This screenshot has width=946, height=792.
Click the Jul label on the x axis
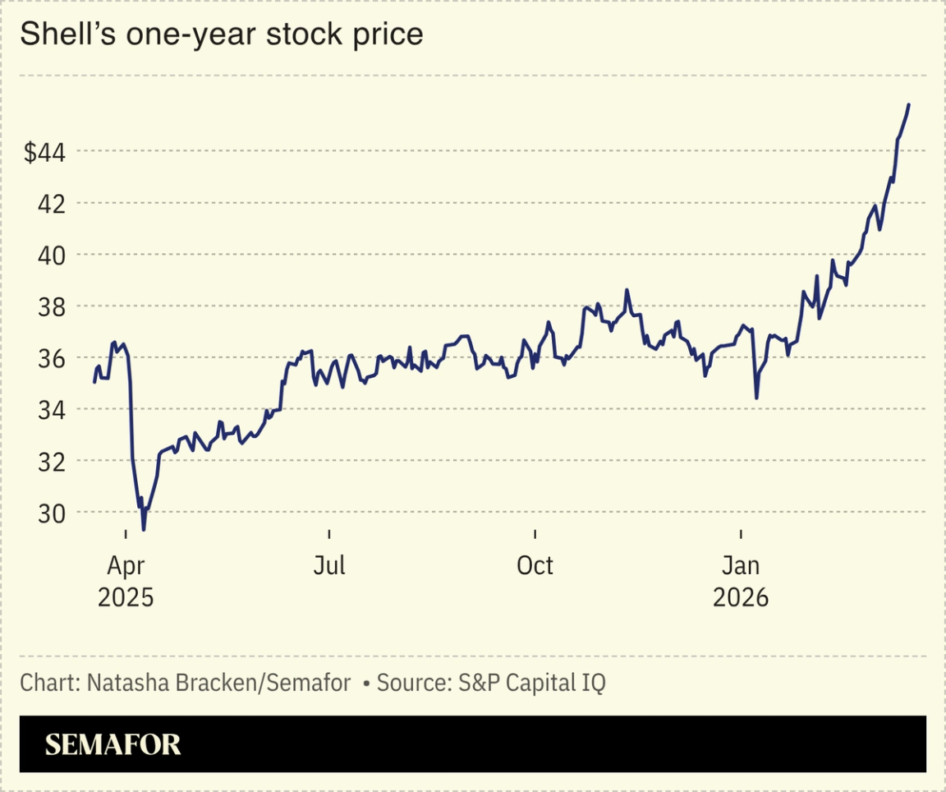[328, 566]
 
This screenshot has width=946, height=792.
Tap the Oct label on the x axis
[535, 566]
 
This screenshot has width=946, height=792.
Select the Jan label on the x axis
[741, 566]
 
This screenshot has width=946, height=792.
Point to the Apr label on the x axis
[126, 566]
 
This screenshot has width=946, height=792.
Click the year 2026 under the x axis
[741, 597]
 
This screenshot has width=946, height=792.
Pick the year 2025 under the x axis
[126, 597]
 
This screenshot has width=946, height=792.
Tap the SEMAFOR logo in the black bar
[113, 744]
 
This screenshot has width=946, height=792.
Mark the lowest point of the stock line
[144, 529]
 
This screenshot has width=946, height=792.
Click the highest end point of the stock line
[908, 105]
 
